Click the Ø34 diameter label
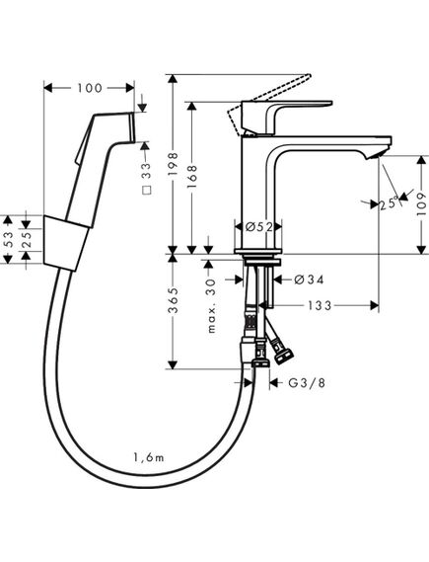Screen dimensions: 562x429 coord(309,280)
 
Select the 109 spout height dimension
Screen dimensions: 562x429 coord(420,202)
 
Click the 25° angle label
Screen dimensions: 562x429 coord(388,204)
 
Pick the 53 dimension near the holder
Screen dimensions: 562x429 coord(9,238)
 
